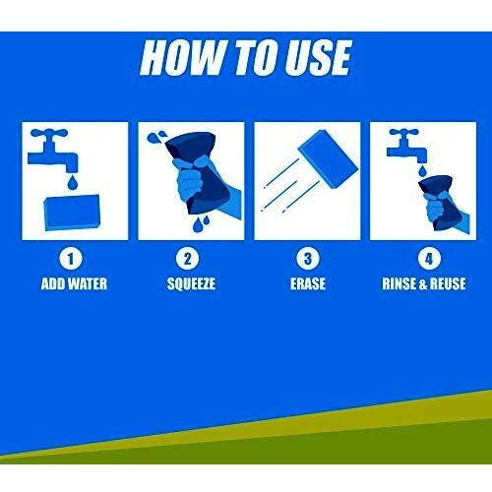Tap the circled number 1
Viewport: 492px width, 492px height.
click(71, 259)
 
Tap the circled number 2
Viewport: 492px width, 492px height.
click(187, 259)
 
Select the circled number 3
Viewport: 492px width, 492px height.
click(307, 259)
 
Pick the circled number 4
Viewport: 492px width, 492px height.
click(429, 259)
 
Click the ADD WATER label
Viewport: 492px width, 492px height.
click(74, 283)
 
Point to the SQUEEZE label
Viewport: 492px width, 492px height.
click(191, 283)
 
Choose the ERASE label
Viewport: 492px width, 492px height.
click(308, 283)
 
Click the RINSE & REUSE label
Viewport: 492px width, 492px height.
click(424, 283)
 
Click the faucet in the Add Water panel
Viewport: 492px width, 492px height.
click(52, 151)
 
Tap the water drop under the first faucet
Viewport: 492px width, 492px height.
click(72, 182)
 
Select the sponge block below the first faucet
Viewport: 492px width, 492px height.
click(72, 213)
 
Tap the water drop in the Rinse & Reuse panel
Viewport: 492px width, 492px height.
click(422, 171)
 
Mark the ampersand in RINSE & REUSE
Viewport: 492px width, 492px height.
click(423, 284)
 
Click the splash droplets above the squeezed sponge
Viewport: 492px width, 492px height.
click(156, 137)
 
